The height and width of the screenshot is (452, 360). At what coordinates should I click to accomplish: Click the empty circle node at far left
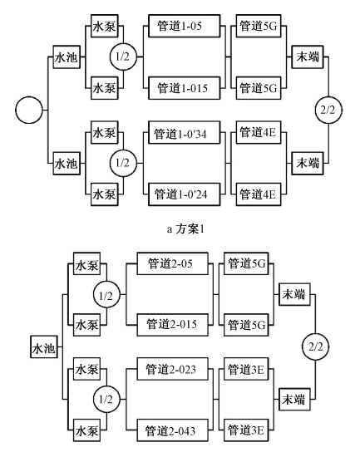(29, 108)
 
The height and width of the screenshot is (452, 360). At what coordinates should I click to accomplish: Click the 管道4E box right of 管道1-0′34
(259, 132)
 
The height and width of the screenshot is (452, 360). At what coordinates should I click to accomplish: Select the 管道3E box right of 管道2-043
(244, 430)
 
